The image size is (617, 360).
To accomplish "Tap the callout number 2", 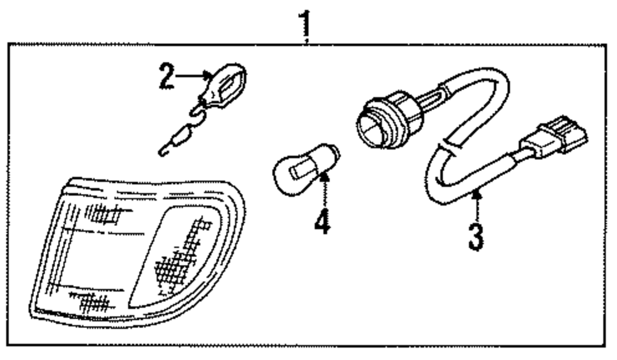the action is point(165,77).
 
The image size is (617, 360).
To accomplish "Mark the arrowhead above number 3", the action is point(475,196).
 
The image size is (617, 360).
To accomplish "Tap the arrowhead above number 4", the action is point(322,179).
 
